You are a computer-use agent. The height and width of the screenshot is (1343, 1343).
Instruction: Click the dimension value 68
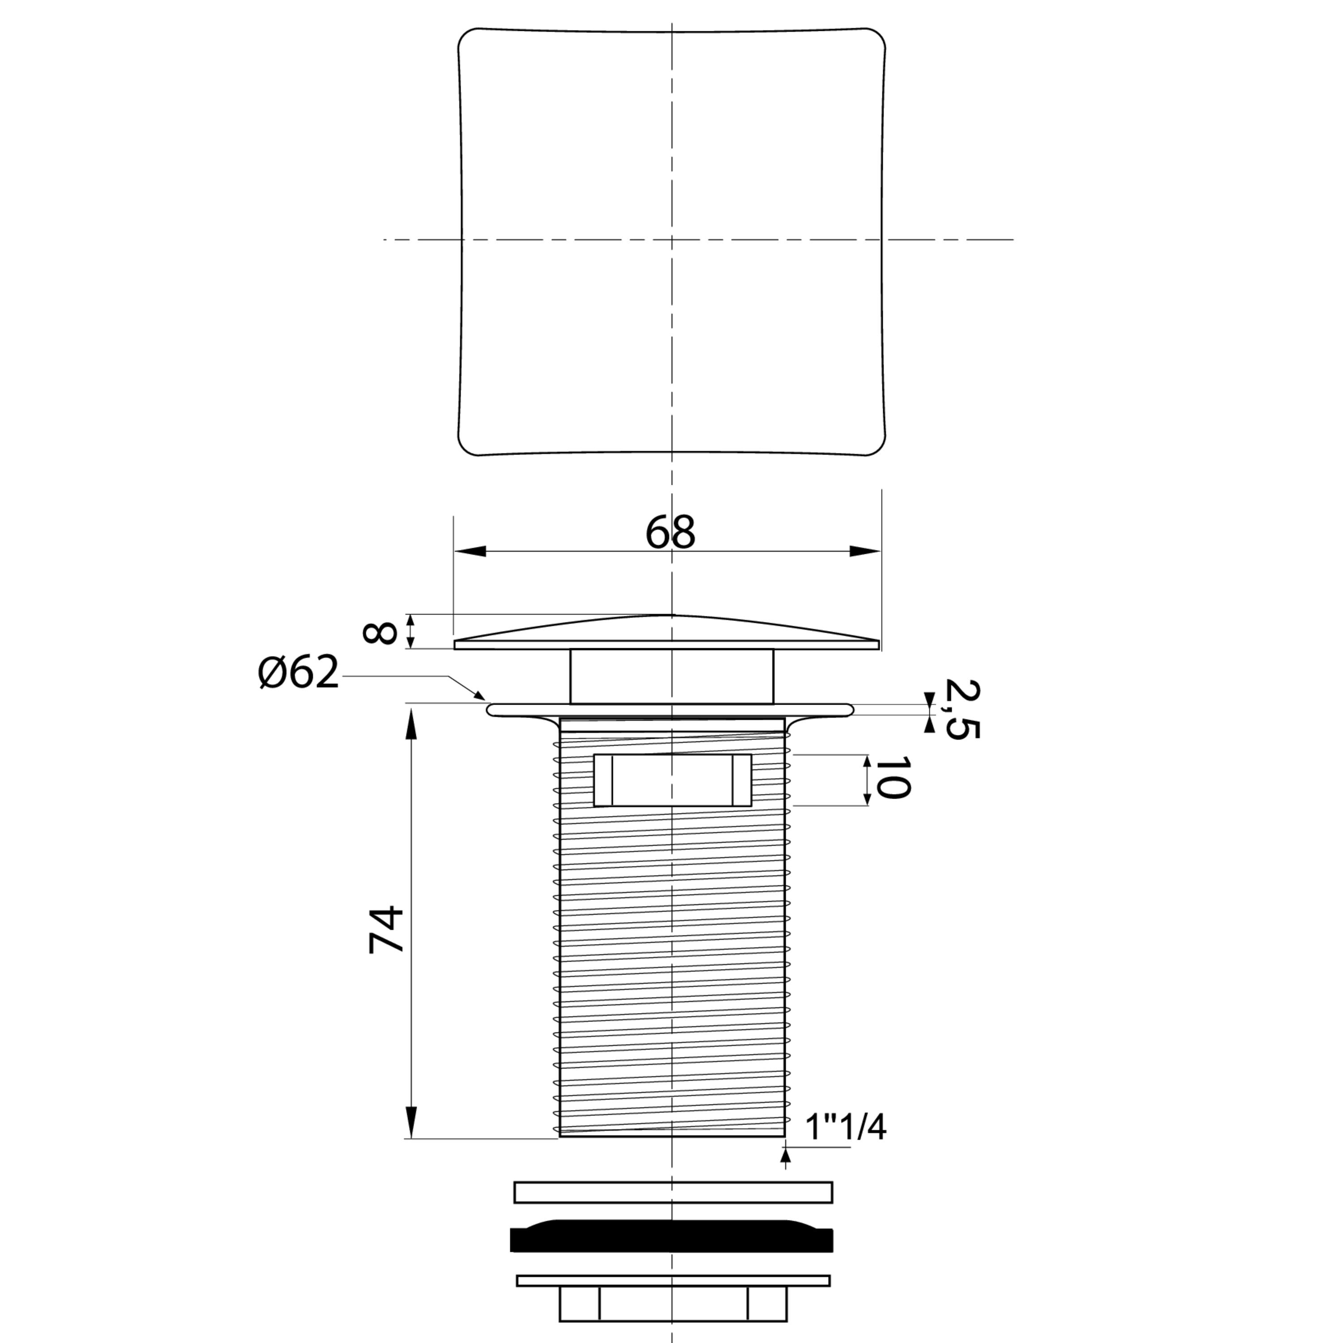[x=670, y=532]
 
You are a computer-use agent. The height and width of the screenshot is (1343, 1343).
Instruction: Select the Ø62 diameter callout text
[x=298, y=672]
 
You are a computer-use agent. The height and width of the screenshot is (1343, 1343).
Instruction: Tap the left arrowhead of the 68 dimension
[x=469, y=551]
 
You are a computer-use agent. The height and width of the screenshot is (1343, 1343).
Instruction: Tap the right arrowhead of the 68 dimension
[x=865, y=551]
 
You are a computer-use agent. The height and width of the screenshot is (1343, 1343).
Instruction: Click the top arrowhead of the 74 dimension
[x=411, y=723]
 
